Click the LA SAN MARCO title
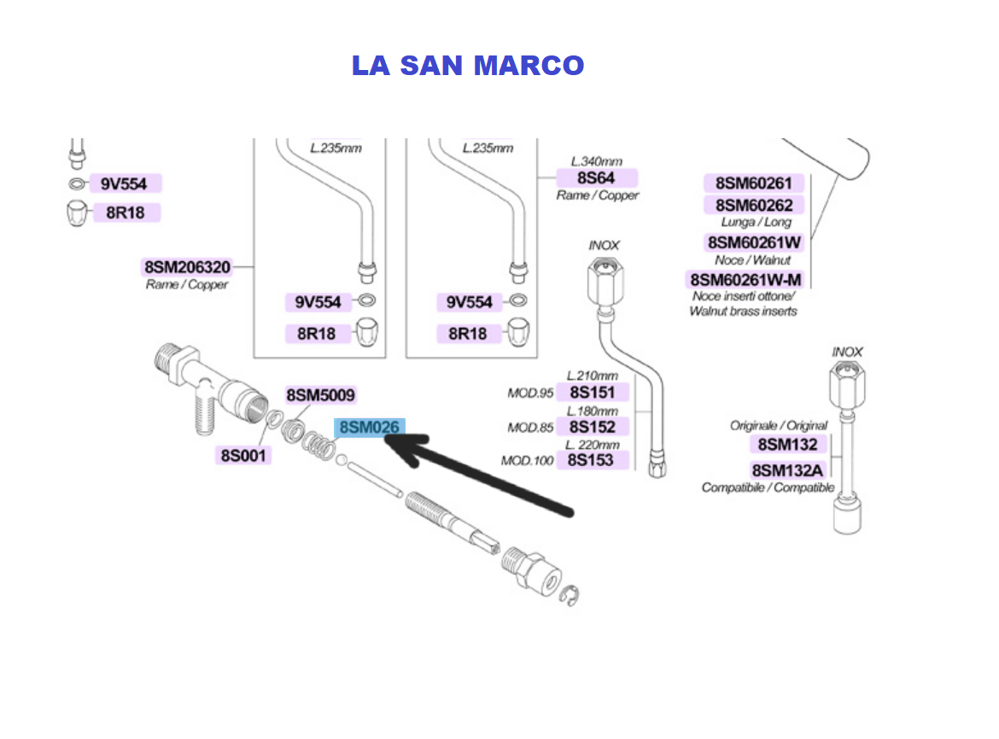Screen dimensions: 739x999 (x=468, y=66)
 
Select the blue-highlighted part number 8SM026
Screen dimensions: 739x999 (x=370, y=428)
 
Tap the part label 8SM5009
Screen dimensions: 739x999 (x=320, y=395)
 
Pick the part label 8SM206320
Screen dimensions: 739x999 (x=186, y=267)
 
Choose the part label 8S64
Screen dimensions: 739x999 (x=596, y=177)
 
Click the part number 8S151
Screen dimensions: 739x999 (x=592, y=393)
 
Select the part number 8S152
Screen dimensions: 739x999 (x=592, y=427)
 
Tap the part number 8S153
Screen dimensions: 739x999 (x=592, y=461)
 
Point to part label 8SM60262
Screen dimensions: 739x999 (x=754, y=205)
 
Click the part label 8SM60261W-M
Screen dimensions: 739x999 (x=746, y=280)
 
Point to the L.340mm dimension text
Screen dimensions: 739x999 (x=596, y=161)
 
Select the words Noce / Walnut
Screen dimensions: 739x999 (x=753, y=259)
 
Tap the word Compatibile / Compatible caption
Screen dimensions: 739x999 (x=768, y=487)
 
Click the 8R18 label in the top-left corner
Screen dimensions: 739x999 (x=125, y=212)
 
